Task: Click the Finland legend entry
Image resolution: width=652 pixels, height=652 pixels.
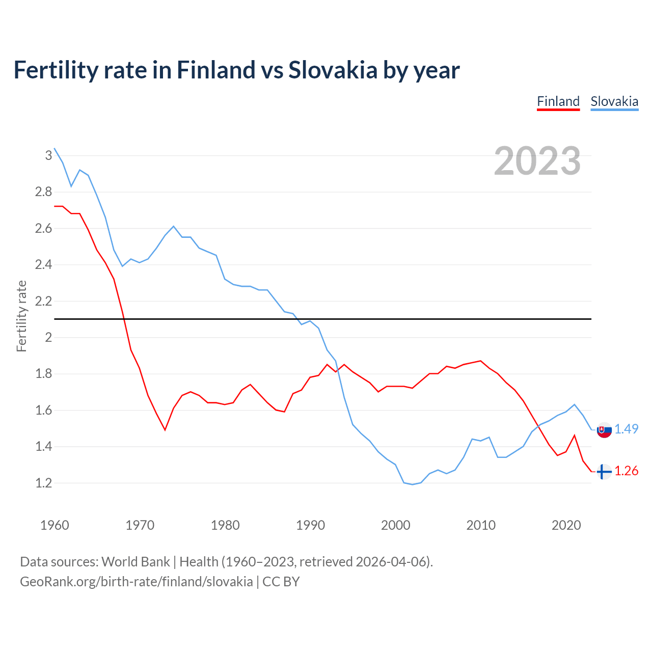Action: pos(558,101)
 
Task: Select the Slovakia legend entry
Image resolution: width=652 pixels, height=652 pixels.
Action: pos(614,101)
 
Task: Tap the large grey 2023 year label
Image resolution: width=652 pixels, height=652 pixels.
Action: pos(537,161)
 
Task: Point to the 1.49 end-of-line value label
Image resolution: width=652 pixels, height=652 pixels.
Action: pos(626,429)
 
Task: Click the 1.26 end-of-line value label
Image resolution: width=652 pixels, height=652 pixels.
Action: pos(626,471)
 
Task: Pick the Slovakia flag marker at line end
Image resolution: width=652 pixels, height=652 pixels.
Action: pos(604,430)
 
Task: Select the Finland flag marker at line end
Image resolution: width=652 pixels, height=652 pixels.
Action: pos(604,472)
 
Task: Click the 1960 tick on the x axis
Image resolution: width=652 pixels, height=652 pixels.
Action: pos(55,525)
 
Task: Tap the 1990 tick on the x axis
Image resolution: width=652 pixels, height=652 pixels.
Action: pos(310,525)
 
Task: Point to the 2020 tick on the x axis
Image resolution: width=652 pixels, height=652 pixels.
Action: pos(566,525)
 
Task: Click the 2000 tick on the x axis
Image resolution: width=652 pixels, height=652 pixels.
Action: pos(395,525)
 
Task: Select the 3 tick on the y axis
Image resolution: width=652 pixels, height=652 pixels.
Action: pos(48,155)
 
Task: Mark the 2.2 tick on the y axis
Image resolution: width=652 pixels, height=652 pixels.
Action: pos(43,301)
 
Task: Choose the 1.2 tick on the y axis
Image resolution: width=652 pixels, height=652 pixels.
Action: pos(43,483)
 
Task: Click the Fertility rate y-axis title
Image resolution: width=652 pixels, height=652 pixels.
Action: pos(21,316)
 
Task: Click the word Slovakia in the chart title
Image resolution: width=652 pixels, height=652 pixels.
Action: pos(333,70)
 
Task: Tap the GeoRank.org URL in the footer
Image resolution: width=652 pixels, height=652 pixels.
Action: pos(136,582)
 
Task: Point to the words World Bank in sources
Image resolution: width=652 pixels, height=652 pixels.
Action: pos(135,562)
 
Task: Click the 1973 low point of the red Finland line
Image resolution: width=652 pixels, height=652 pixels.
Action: pos(165,430)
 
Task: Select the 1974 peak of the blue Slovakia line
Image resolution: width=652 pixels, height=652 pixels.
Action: pos(174,226)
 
